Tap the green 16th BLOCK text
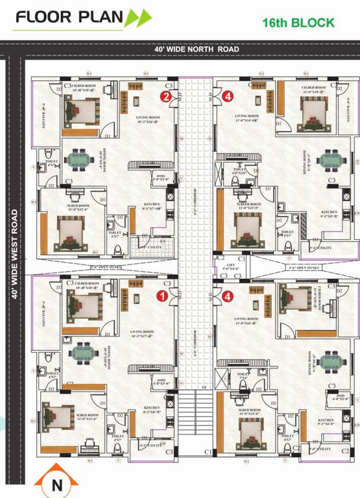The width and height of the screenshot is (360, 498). tap(298, 23)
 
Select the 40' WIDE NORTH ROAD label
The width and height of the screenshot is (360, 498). tap(197, 49)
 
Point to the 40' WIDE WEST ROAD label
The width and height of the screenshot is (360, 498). tap(14, 254)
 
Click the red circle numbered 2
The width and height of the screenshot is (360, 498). tap(167, 97)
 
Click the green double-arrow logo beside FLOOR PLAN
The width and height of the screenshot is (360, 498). tap(139, 18)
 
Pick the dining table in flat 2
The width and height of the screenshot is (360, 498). tap(82, 158)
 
